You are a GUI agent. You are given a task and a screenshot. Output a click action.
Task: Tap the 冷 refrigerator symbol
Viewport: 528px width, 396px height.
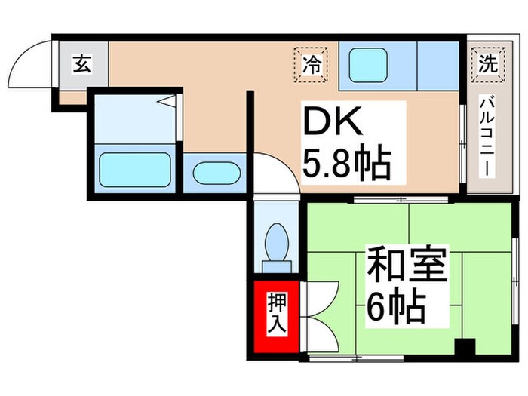click(310, 64)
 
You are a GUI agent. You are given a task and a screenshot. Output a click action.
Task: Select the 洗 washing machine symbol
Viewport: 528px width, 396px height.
click(487, 64)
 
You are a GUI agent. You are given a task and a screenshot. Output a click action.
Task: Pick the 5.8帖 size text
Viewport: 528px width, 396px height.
click(346, 162)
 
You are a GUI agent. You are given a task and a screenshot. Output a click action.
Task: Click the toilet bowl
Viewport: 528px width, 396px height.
click(276, 241)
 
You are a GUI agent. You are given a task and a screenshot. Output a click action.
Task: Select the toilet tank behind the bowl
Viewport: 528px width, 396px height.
click(276, 265)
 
